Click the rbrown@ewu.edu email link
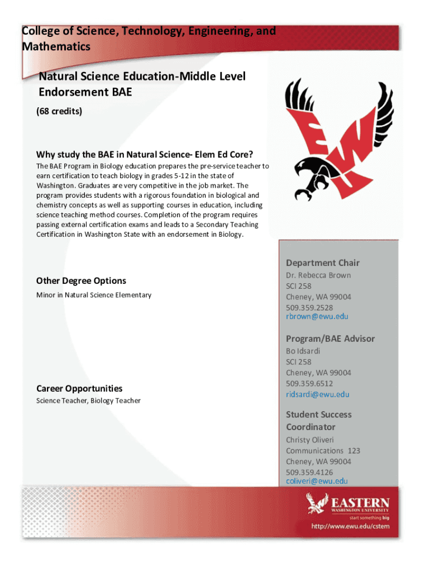click(317, 317)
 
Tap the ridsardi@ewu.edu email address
click(317, 394)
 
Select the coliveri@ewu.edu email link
click(317, 481)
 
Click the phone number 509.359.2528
click(309, 307)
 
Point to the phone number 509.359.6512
click(309, 383)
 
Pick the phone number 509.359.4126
click(309, 472)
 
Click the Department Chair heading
click(323, 263)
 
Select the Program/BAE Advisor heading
click(330, 339)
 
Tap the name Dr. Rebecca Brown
click(318, 275)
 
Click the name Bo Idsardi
click(303, 351)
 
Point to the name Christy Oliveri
click(310, 440)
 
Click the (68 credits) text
click(59, 111)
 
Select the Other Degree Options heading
click(81, 281)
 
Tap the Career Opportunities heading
click(79, 388)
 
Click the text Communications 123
click(323, 450)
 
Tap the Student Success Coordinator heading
click(318, 421)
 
